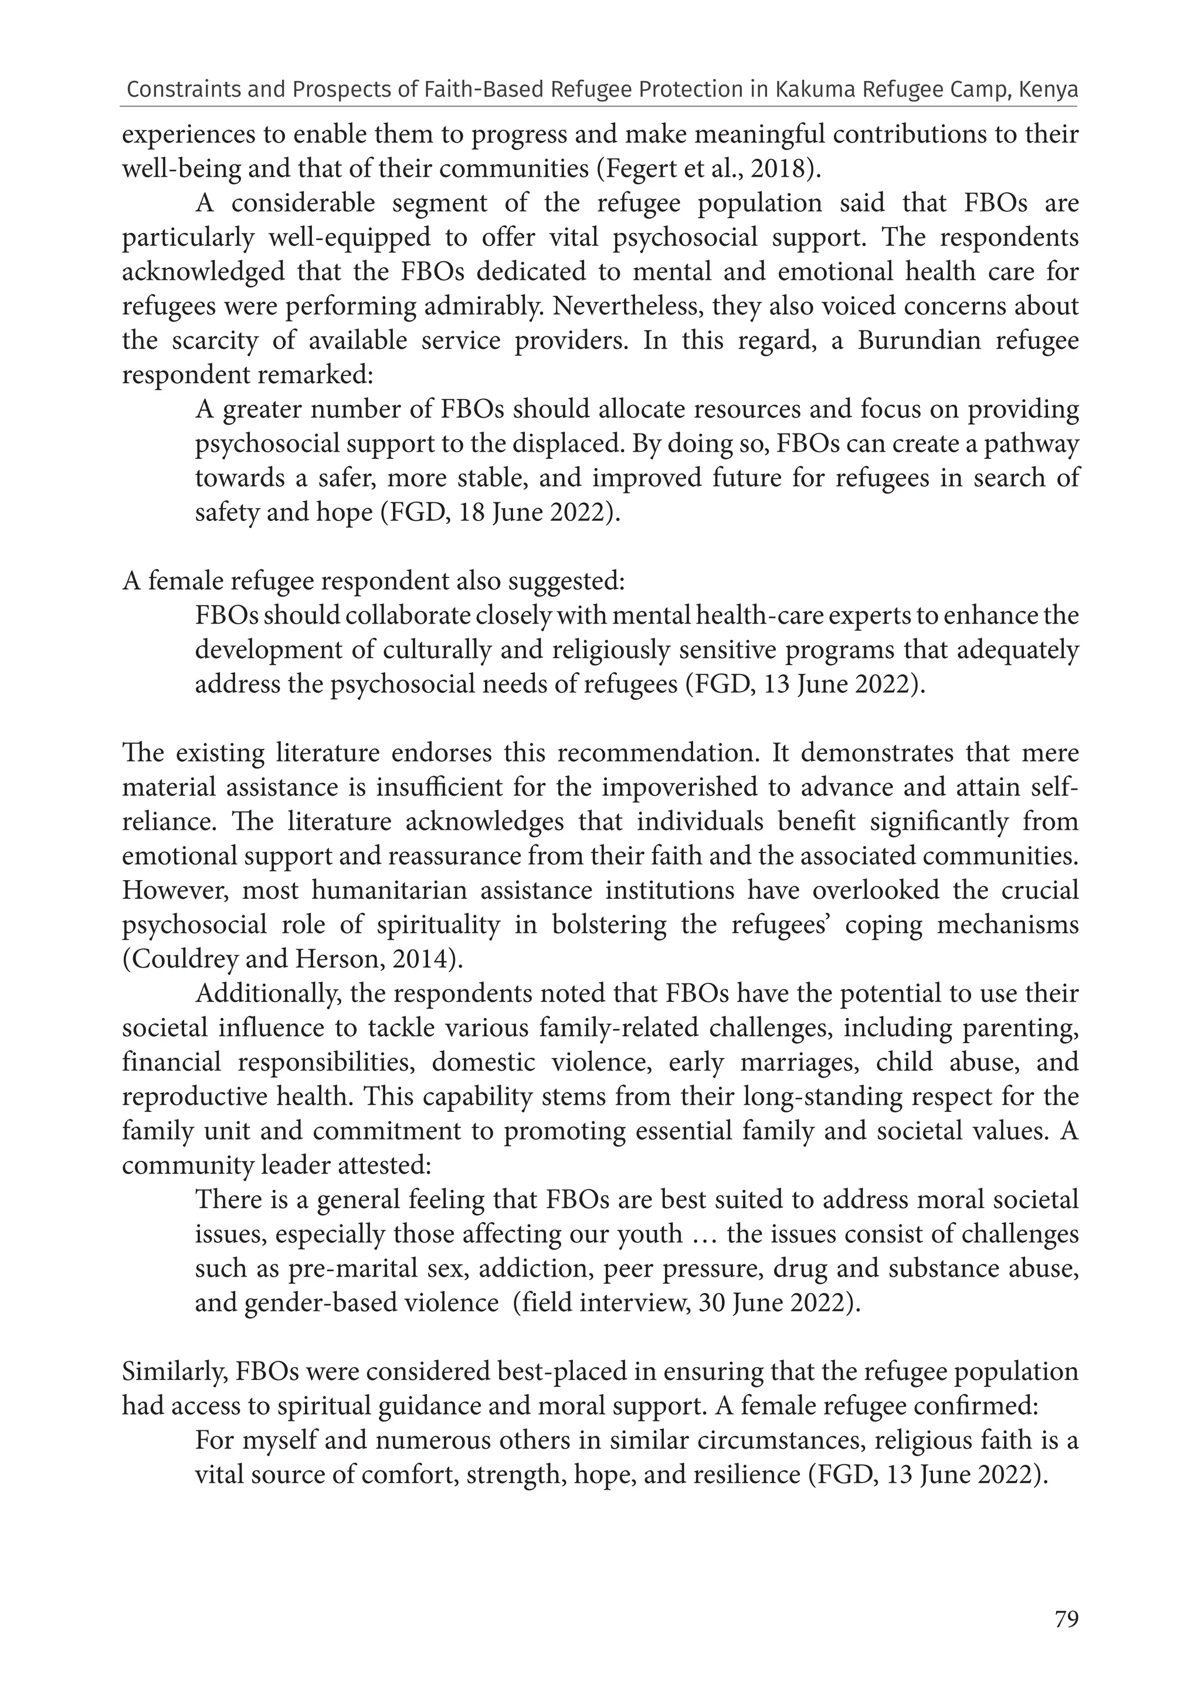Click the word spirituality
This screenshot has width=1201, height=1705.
pos(456,925)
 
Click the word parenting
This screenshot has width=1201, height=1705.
pos(1020,1029)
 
